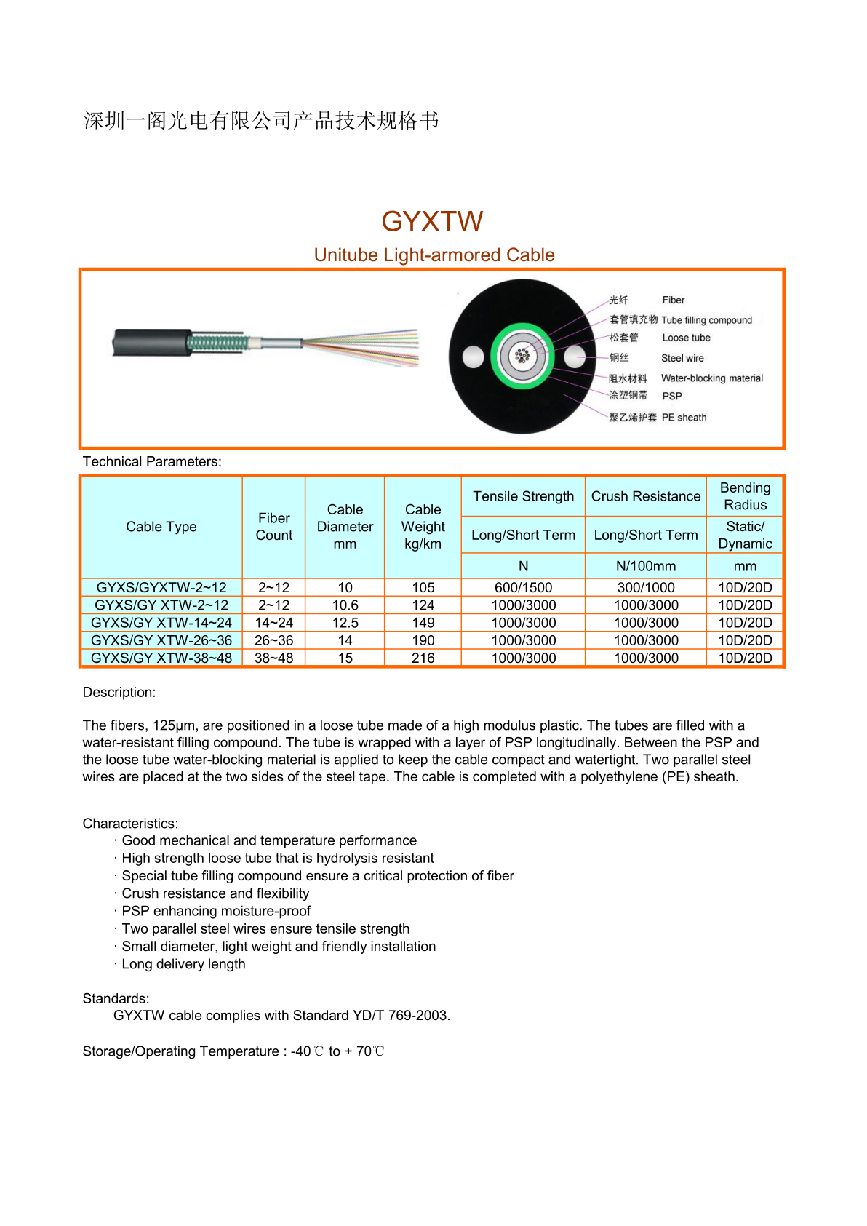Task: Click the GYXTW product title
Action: pos(432,221)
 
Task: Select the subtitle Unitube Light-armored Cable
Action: pos(434,255)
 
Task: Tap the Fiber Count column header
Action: pos(273,526)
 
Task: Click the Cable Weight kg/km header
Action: pos(423,526)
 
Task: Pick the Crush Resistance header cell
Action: pos(645,496)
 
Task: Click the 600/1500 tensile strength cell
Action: pos(523,587)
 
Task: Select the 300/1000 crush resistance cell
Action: pos(645,587)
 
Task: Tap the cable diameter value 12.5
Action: pos(345,623)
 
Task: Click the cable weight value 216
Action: pos(423,658)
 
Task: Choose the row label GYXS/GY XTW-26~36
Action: pos(161,640)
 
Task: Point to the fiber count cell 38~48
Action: pos(273,658)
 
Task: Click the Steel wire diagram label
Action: pos(682,358)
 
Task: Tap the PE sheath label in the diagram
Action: pos(684,417)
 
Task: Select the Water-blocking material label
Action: pos(711,378)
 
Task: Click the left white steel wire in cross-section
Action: pos(474,357)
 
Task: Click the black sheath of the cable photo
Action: pos(149,342)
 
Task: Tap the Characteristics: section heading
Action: pos(130,823)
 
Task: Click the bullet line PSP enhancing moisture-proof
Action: pos(216,911)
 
